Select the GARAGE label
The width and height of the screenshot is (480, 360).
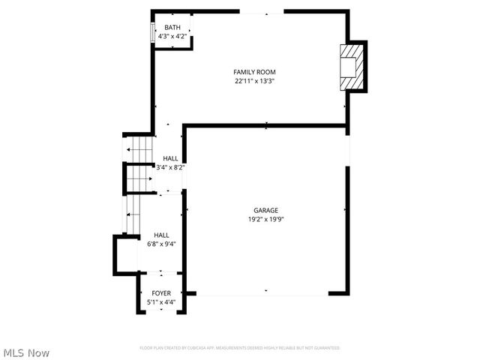click(x=265, y=211)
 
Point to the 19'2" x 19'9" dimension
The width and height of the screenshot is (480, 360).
click(x=265, y=220)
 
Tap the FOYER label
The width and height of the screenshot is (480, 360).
click(x=161, y=293)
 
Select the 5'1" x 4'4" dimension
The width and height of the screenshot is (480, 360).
click(x=161, y=302)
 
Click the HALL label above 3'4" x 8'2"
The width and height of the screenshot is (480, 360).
click(x=170, y=158)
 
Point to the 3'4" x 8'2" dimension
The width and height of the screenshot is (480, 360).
click(x=170, y=167)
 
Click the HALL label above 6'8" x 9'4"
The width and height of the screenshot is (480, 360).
click(x=161, y=235)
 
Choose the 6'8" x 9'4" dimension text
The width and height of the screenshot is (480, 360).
click(x=161, y=244)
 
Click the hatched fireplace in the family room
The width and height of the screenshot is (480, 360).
click(x=351, y=67)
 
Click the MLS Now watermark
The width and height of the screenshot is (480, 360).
click(x=27, y=352)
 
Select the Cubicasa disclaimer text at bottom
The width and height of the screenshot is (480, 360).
click(x=239, y=348)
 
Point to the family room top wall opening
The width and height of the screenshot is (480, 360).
click(x=262, y=11)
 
